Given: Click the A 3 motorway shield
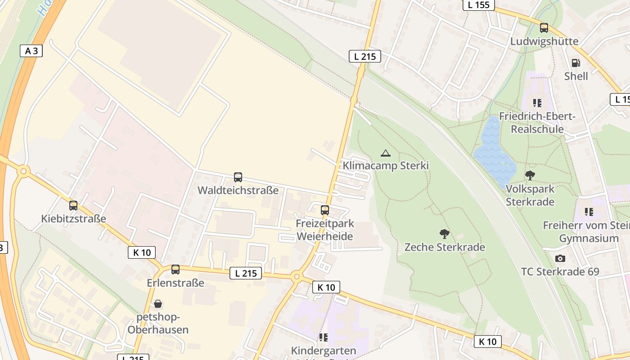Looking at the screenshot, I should click(x=31, y=51).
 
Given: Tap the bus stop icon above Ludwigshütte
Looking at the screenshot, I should click(x=544, y=28).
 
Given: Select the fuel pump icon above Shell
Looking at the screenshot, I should click(x=576, y=63).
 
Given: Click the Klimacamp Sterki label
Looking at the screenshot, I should click(x=386, y=166).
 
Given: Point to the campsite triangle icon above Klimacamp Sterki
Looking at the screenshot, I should click(x=385, y=153).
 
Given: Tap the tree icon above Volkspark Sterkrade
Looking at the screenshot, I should click(x=530, y=175).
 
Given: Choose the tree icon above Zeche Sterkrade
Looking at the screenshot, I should click(x=445, y=234).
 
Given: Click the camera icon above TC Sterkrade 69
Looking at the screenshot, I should click(x=560, y=258).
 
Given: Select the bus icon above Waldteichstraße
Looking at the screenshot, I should click(x=238, y=177).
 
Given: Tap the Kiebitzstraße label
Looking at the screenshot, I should click(x=74, y=219).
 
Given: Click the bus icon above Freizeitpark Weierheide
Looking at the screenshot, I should click(x=324, y=210).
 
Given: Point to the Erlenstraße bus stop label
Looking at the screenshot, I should click(x=175, y=283).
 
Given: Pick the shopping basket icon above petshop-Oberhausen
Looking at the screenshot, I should click(x=158, y=304).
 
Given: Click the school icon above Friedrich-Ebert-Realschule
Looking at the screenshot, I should click(x=537, y=103).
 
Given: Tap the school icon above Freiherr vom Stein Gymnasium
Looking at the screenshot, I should click(x=589, y=211).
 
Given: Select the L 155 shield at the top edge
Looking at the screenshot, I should click(x=479, y=5).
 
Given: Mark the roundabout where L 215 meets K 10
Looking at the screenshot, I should click(x=296, y=277).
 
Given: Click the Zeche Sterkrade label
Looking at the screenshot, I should click(x=445, y=247).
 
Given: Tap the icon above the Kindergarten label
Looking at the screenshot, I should click(x=323, y=337).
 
